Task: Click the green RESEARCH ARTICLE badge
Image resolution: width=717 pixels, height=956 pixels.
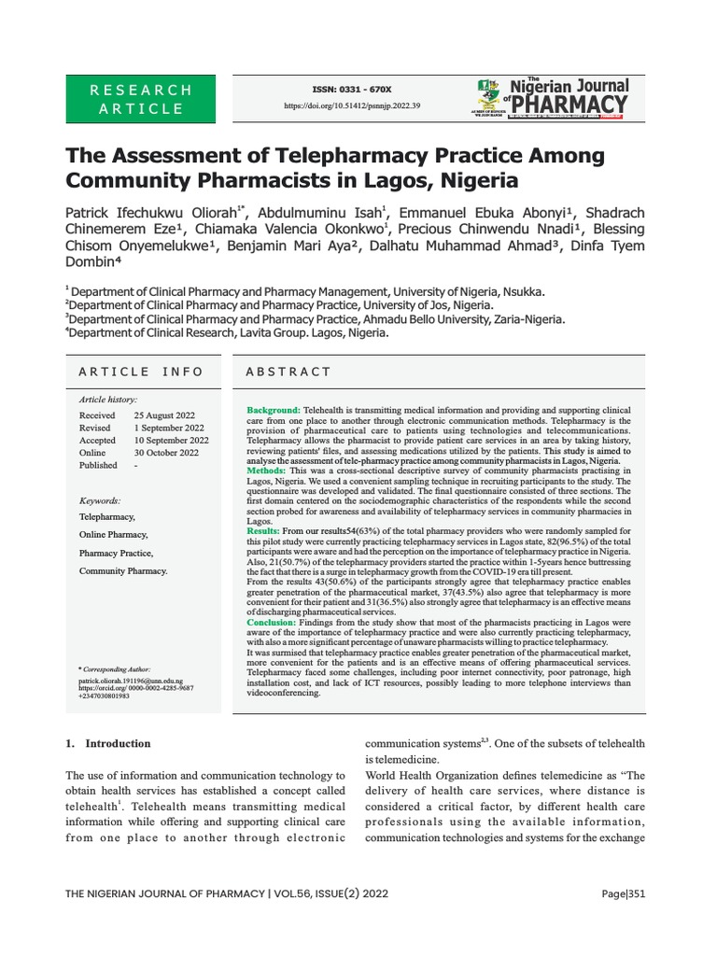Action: click(x=140, y=99)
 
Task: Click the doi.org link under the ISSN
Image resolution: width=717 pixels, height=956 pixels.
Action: click(x=352, y=106)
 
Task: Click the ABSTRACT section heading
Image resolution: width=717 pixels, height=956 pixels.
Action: click(x=288, y=372)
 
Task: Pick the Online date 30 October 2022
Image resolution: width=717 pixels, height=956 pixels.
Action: click(x=166, y=453)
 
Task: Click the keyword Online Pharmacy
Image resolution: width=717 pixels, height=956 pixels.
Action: click(x=113, y=535)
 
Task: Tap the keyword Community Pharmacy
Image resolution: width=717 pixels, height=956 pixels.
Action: click(x=123, y=570)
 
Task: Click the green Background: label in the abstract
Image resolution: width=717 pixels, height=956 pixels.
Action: click(x=273, y=411)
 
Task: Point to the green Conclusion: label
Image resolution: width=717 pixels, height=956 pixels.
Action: click(x=271, y=621)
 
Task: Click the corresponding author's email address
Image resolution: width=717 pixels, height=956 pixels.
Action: click(x=131, y=682)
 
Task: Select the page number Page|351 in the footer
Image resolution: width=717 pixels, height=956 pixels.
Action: click(x=622, y=893)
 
